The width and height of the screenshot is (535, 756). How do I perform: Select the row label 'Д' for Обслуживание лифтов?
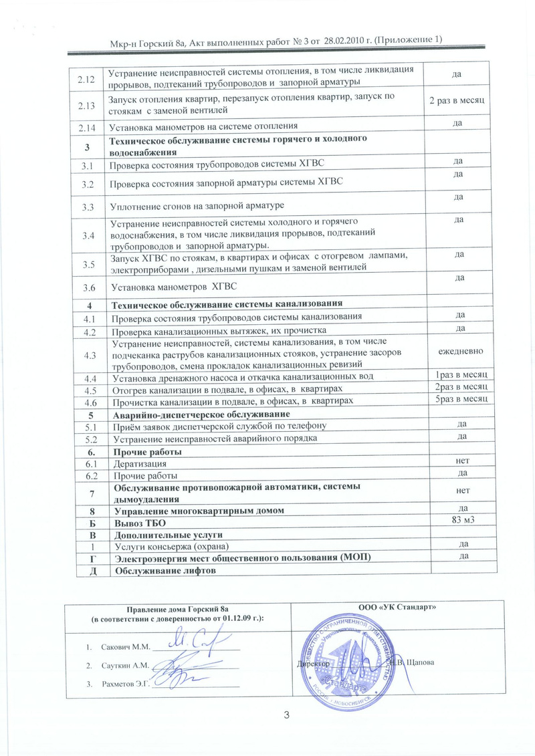[86, 570]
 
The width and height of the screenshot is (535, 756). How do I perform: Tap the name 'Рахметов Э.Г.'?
[126, 683]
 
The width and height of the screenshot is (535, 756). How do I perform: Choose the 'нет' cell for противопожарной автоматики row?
[461, 491]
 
